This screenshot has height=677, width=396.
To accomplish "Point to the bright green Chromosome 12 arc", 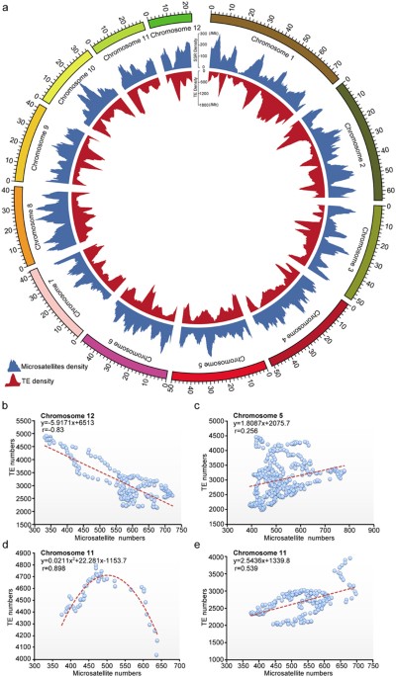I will tap(171, 17).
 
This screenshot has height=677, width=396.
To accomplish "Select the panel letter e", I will tap(203, 544).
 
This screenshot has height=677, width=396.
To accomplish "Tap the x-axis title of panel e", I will tap(296, 670).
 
